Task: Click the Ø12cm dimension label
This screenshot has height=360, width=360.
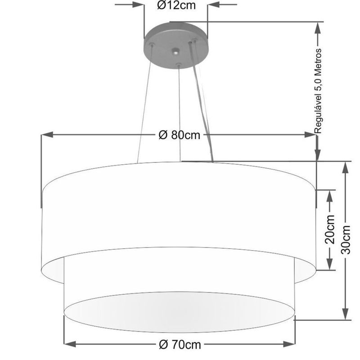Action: (175, 5)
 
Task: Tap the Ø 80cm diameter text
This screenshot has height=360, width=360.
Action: (179, 135)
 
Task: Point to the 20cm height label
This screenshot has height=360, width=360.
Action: (330, 229)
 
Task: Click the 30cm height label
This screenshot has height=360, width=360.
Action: (346, 239)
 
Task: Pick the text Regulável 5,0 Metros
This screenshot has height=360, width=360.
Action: (318, 90)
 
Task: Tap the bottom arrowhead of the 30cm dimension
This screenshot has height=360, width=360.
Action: (346, 315)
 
